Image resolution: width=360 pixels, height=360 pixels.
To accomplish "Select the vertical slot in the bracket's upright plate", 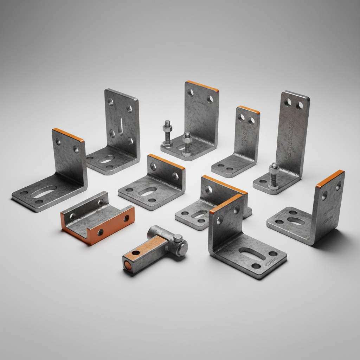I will (121, 126).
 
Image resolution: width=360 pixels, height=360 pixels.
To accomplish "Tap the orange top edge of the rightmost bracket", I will (329, 179).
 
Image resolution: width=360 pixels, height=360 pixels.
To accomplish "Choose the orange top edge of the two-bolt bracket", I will (202, 86).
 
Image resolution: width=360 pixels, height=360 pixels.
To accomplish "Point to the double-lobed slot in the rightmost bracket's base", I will (295, 221).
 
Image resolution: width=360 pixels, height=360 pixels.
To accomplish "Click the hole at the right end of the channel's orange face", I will (126, 219).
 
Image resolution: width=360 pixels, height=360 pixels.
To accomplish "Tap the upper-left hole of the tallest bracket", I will (288, 102).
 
